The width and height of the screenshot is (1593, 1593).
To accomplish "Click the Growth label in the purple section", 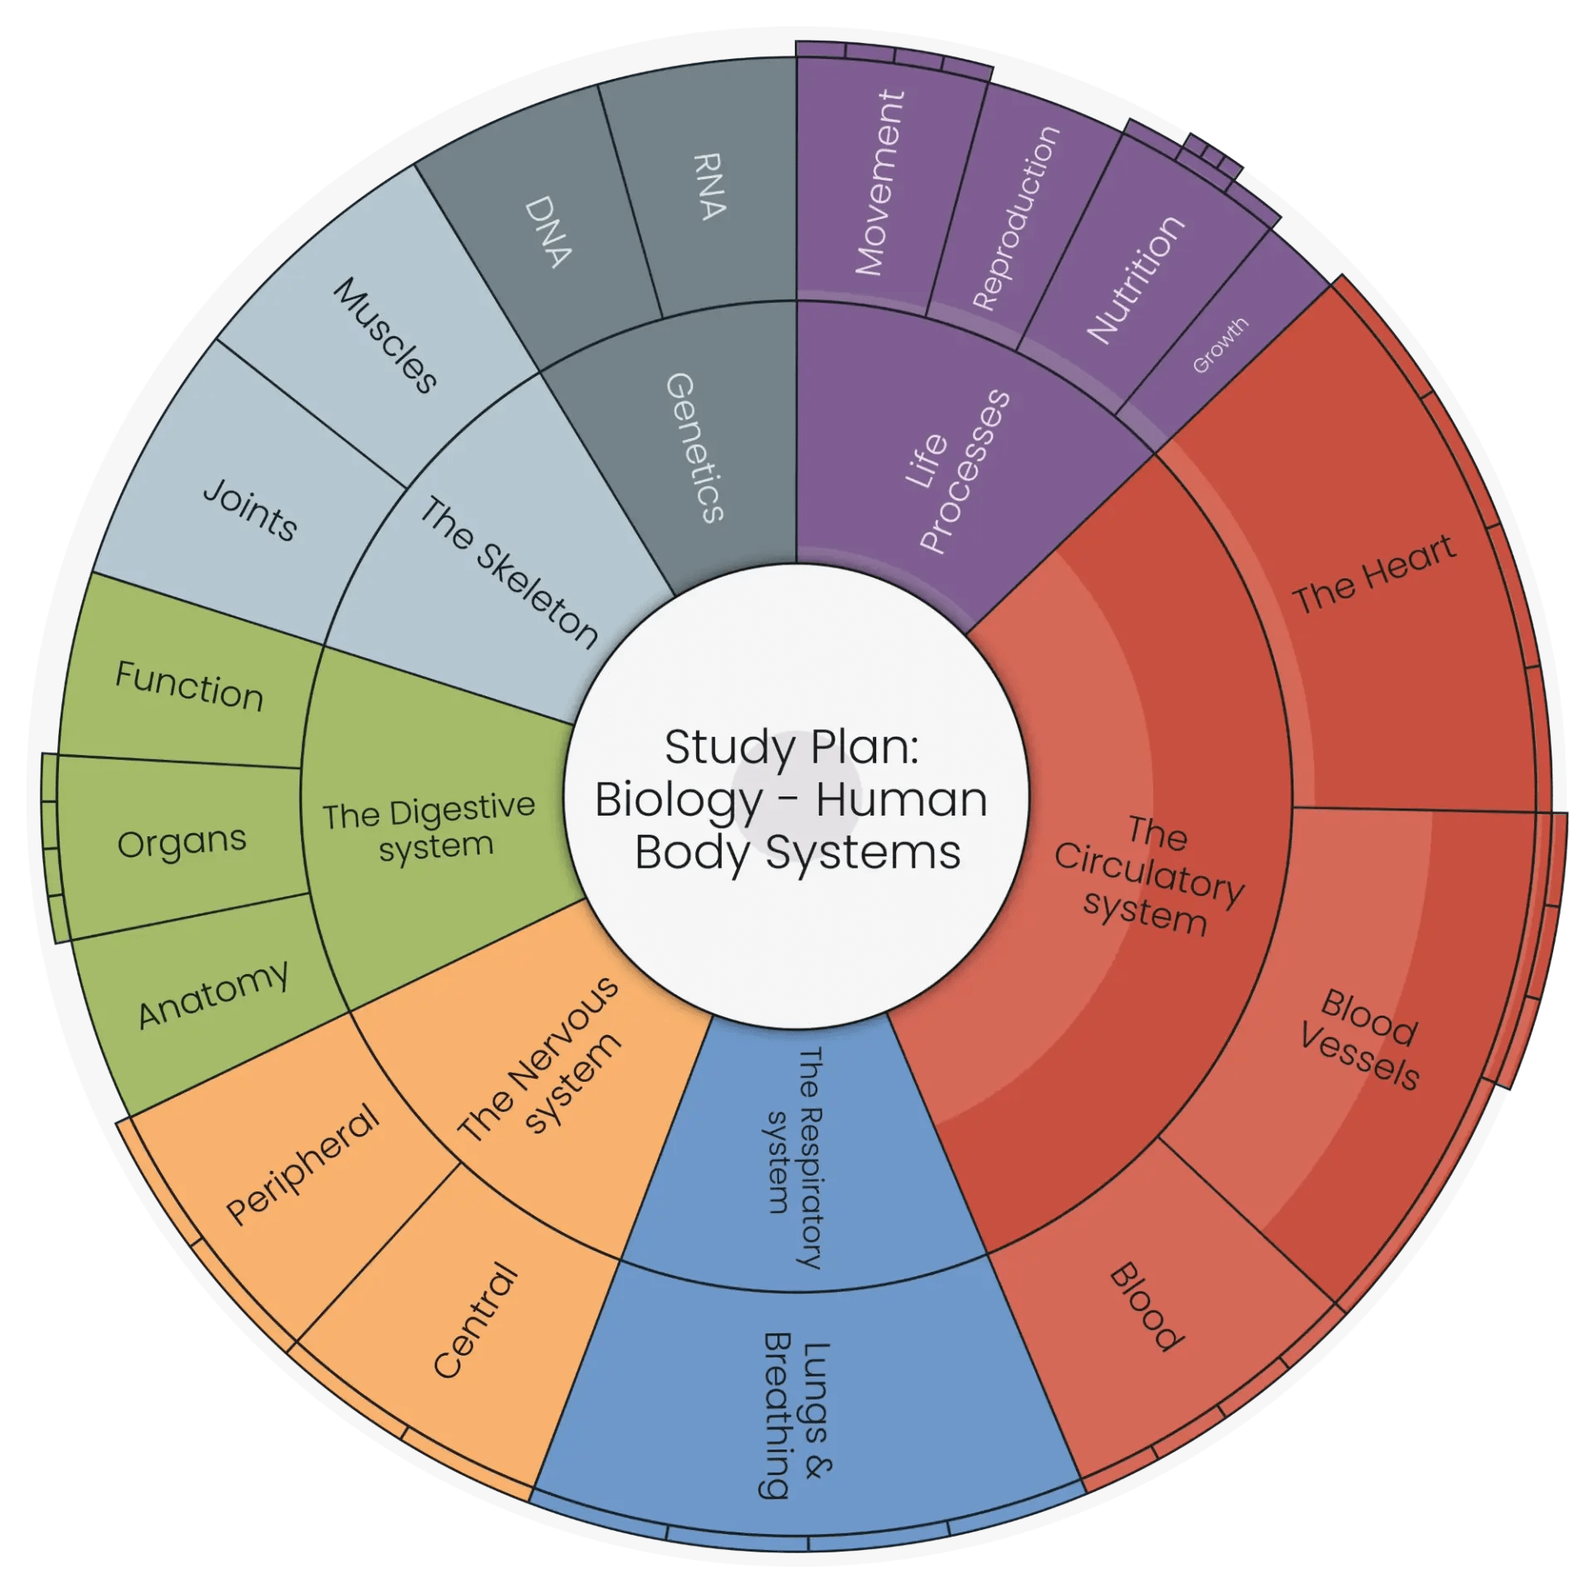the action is pyautogui.click(x=1220, y=344).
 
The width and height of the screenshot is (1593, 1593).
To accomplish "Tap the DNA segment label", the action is pyautogui.click(x=548, y=231).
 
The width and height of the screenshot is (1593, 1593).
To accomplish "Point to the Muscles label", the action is pyautogui.click(x=385, y=335).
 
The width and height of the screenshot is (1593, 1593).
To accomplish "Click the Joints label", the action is pyautogui.click(x=250, y=510).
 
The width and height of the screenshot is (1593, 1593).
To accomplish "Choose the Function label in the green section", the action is pyautogui.click(x=189, y=686).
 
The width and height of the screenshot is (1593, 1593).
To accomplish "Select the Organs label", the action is pyautogui.click(x=182, y=843).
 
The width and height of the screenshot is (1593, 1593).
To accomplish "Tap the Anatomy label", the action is pyautogui.click(x=213, y=995).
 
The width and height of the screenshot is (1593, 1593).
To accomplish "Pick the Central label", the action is pyautogui.click(x=476, y=1320).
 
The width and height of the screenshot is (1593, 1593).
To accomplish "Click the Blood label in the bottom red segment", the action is pyautogui.click(x=1147, y=1307).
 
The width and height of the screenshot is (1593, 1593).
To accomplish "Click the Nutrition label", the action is pyautogui.click(x=1136, y=280).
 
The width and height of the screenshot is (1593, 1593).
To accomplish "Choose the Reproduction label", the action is pyautogui.click(x=1016, y=218).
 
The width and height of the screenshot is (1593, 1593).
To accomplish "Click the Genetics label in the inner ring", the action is pyautogui.click(x=695, y=448).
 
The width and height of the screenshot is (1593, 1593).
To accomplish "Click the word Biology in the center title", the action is pyautogui.click(x=679, y=800).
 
